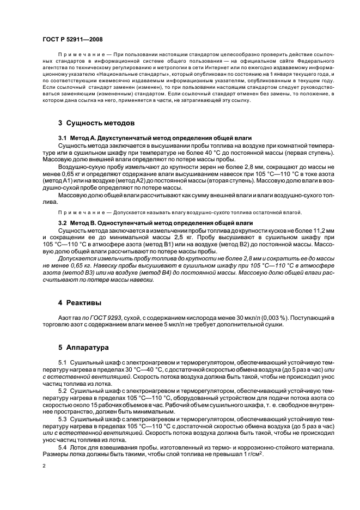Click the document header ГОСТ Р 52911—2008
pyautogui.click(x=72, y=40)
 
